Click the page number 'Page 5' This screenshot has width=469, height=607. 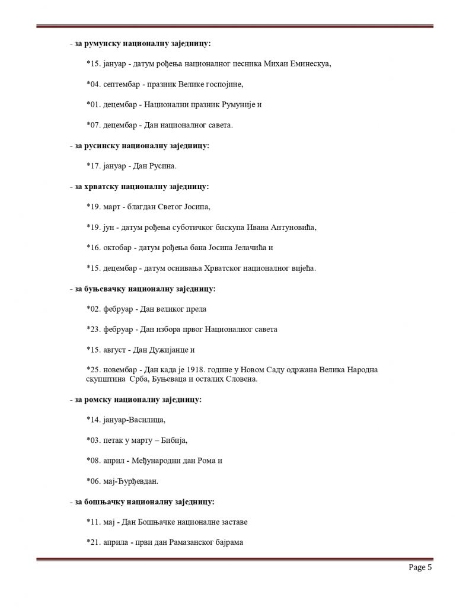pyautogui.click(x=420, y=568)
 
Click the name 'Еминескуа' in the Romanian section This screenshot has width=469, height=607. pyautogui.click(x=308, y=63)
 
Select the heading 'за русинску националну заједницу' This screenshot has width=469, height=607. pyautogui.click(x=142, y=145)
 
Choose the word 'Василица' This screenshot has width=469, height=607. pyautogui.click(x=143, y=420)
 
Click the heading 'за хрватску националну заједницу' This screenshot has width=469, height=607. pyautogui.click(x=142, y=186)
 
